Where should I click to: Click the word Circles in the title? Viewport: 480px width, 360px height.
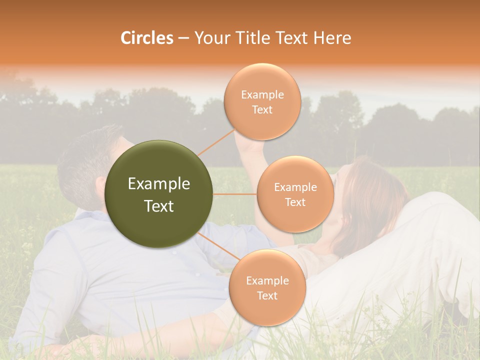point(146,38)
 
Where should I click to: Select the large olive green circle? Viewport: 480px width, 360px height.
point(159,194)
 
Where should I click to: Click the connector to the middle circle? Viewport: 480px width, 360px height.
point(235,194)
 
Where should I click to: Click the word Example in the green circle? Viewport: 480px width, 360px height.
point(159,184)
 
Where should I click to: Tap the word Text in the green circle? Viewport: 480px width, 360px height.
point(159,206)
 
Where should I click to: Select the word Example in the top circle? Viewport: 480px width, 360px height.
point(262,95)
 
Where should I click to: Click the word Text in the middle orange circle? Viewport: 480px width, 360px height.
point(295,202)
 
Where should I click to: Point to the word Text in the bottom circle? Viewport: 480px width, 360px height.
point(267,295)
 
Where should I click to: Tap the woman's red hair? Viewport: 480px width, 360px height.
point(375,200)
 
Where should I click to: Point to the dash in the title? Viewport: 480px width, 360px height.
point(183,38)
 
